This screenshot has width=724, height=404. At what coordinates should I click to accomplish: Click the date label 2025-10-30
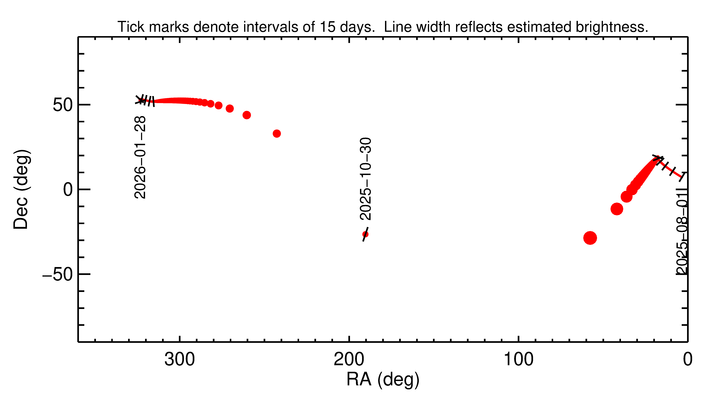click(365, 179)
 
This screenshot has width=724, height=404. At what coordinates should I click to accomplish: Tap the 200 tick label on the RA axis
click(349, 360)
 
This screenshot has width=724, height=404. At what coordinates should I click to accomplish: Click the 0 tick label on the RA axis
click(688, 360)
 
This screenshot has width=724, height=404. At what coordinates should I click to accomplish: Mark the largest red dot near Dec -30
click(590, 238)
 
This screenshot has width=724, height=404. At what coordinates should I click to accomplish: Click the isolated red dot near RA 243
click(277, 133)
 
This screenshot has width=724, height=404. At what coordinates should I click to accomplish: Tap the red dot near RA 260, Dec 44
click(246, 115)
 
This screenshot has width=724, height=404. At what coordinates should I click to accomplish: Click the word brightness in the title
click(612, 27)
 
